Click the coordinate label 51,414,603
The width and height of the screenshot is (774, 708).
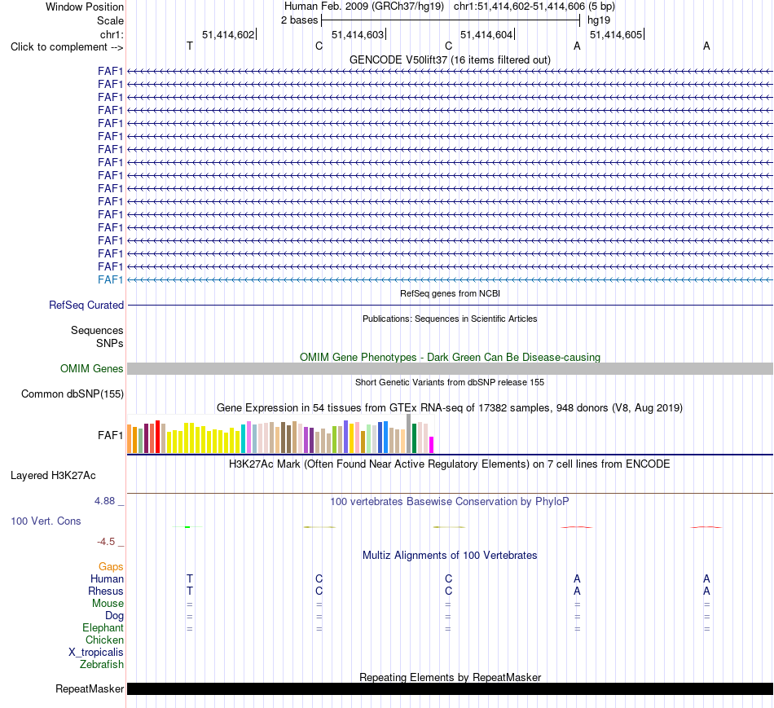click(x=358, y=34)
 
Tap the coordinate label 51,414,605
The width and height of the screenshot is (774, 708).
click(x=616, y=34)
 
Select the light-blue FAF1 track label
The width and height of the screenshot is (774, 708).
click(x=111, y=279)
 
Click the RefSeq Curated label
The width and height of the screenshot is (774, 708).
click(x=86, y=306)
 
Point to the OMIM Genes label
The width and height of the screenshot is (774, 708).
click(x=92, y=368)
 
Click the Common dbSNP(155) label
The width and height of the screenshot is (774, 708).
click(x=73, y=394)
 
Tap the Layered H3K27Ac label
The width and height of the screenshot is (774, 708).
click(x=53, y=476)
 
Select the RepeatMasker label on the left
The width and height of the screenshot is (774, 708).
click(x=90, y=688)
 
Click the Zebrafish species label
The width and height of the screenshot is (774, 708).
click(x=102, y=664)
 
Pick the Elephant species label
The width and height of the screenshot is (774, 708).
click(x=103, y=627)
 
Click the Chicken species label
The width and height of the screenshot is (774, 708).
click(x=104, y=640)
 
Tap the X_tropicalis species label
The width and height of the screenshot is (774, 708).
click(x=96, y=653)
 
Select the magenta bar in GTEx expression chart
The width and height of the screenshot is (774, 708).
click(x=432, y=445)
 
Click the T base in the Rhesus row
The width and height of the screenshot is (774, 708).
click(x=190, y=591)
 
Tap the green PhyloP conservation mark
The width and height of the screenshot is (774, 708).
click(x=187, y=527)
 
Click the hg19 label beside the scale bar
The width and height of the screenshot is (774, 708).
click(x=599, y=20)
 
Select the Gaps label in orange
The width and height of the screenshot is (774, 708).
click(x=111, y=566)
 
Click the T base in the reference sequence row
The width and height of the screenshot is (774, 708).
click(x=190, y=46)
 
